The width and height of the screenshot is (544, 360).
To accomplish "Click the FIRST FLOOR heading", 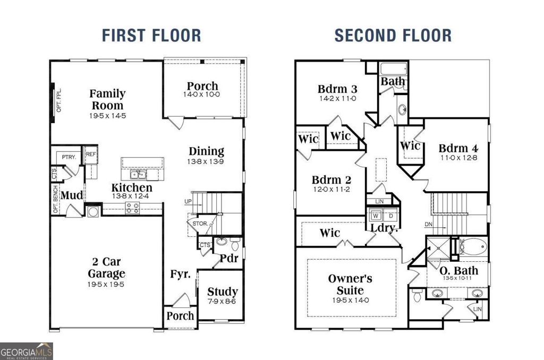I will pyautogui.click(x=151, y=36).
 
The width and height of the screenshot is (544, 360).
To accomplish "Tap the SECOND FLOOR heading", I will pyautogui.click(x=393, y=36).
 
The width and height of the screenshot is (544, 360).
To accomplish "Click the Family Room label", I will pyautogui.click(x=107, y=99).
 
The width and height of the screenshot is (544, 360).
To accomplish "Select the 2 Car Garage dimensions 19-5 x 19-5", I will pyautogui.click(x=107, y=285).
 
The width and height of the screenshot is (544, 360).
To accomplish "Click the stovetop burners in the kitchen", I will pyautogui.click(x=132, y=208).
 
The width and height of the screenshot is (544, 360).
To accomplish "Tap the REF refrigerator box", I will pyautogui.click(x=91, y=154).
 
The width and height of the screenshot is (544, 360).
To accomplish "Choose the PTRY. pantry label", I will pyautogui.click(x=67, y=158).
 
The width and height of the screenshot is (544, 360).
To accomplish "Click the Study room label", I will pyautogui.click(x=222, y=292).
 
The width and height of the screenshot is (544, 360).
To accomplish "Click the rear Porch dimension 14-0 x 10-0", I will pyautogui.click(x=202, y=95).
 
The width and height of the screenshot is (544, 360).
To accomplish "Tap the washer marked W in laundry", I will pyautogui.click(x=376, y=216).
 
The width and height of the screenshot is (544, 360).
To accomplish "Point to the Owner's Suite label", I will pyautogui.click(x=350, y=285).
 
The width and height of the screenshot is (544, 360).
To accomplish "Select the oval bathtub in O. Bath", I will pyautogui.click(x=472, y=248).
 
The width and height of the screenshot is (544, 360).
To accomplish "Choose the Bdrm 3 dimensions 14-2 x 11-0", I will pyautogui.click(x=337, y=98).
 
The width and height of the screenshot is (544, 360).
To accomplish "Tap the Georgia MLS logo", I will pyautogui.click(x=27, y=352).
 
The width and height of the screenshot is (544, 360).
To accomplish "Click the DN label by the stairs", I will pyautogui.click(x=429, y=225).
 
